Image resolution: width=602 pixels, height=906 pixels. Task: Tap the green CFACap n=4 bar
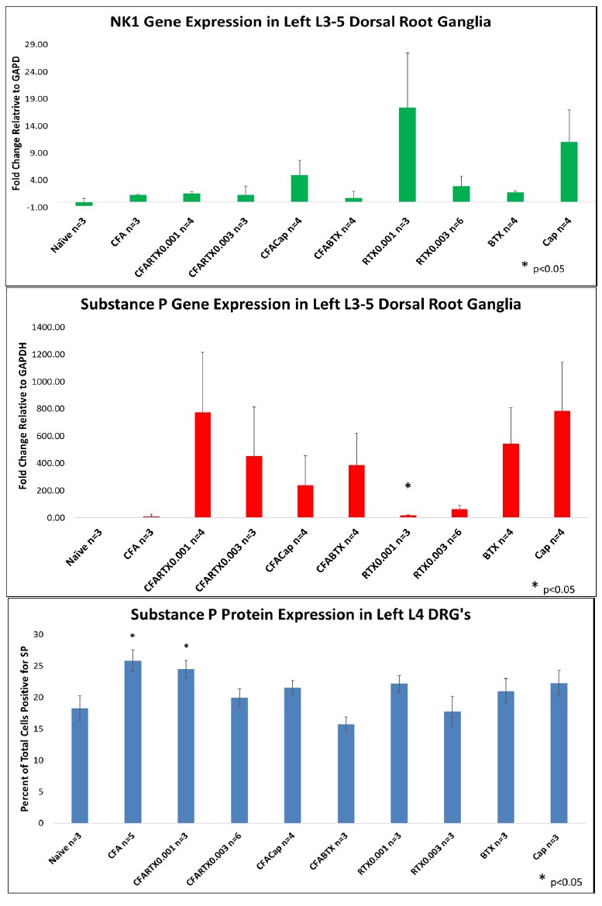[x=300, y=188]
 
